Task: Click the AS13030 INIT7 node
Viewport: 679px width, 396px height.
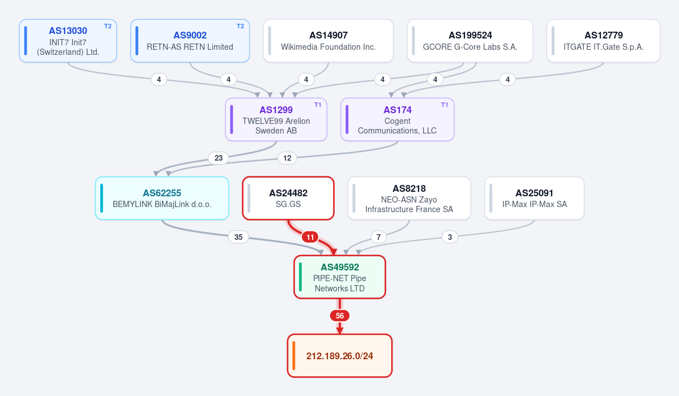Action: [x=68, y=41]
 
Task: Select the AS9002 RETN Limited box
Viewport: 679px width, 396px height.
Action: [x=190, y=41]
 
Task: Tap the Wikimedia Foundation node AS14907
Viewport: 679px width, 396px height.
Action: [x=328, y=41]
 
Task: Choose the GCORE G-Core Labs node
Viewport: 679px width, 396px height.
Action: [x=470, y=41]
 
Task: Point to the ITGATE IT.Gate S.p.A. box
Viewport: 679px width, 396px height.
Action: [x=603, y=41]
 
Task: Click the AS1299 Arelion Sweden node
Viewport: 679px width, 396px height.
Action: [x=276, y=119]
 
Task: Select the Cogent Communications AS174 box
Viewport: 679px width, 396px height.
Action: [x=398, y=119]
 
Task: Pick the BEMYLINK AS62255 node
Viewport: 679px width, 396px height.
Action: [x=162, y=198]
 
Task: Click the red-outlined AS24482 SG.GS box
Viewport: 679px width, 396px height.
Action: [x=288, y=198]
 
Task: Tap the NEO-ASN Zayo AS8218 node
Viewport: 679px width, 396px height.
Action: [x=409, y=198]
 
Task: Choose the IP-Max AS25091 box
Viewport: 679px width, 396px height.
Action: [x=535, y=198]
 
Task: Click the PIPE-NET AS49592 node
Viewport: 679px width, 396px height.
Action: [x=340, y=277]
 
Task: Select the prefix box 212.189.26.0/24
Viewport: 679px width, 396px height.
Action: [x=340, y=356]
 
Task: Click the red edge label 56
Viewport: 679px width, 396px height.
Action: [x=340, y=316]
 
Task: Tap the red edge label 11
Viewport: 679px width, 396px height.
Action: [x=310, y=237]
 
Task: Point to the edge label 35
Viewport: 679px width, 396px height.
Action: [x=238, y=237]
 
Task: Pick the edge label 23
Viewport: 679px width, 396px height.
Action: [x=218, y=158]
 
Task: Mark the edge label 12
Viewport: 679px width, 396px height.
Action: [x=287, y=158]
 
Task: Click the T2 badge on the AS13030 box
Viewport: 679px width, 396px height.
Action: [x=108, y=26]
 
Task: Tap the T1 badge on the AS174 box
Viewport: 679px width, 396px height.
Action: [x=445, y=105]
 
